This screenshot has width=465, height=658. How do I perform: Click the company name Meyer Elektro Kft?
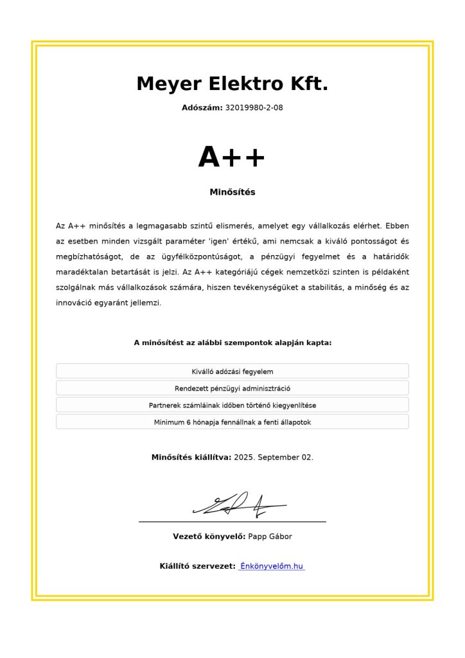click(x=232, y=84)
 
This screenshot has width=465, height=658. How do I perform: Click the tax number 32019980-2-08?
click(x=254, y=108)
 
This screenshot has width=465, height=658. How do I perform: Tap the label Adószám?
click(x=202, y=108)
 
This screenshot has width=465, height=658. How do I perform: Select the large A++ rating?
click(x=232, y=157)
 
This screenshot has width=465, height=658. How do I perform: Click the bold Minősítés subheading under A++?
click(x=232, y=192)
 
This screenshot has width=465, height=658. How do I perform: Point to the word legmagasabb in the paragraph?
click(x=159, y=226)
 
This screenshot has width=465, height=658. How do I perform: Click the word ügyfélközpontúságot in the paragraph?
click(x=200, y=257)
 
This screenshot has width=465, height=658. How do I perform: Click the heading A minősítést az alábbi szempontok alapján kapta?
click(x=232, y=343)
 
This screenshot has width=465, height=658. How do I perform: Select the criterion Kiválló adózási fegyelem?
click(x=232, y=371)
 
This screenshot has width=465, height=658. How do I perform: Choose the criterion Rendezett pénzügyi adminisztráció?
click(x=232, y=388)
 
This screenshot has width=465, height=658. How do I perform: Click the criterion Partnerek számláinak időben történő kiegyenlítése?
click(x=232, y=405)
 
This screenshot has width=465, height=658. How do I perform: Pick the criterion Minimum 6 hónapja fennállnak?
click(x=232, y=422)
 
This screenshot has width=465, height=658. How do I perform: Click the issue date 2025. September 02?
click(x=274, y=458)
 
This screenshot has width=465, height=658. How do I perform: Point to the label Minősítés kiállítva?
click(x=191, y=458)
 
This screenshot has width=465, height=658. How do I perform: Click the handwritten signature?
click(x=238, y=505)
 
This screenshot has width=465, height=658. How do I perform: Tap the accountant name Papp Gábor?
click(x=270, y=537)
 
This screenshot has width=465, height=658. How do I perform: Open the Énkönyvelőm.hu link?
click(x=271, y=567)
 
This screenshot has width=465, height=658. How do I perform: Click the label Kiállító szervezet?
click(x=197, y=567)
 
